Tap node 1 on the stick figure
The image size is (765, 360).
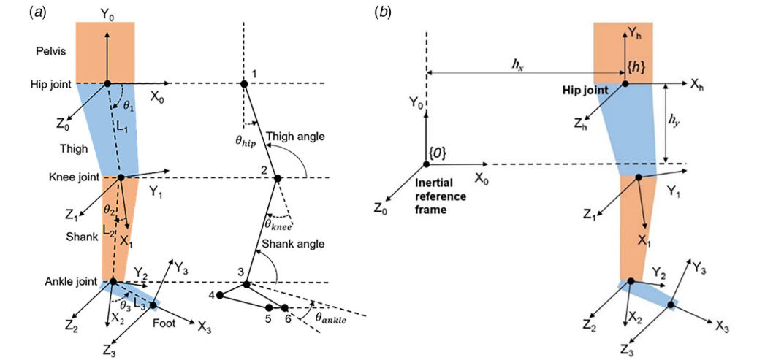click(x=244, y=84)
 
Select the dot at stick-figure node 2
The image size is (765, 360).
click(x=277, y=177)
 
